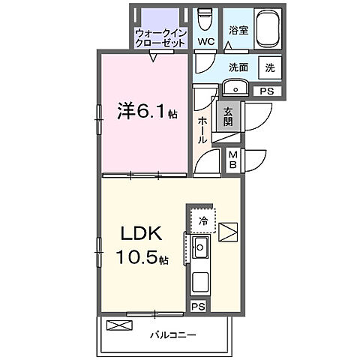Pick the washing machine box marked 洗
(x=269, y=66)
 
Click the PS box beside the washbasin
(x=266, y=91)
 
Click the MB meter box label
(x=232, y=160)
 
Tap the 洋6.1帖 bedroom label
(x=147, y=112)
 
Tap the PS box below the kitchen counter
(x=197, y=306)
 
